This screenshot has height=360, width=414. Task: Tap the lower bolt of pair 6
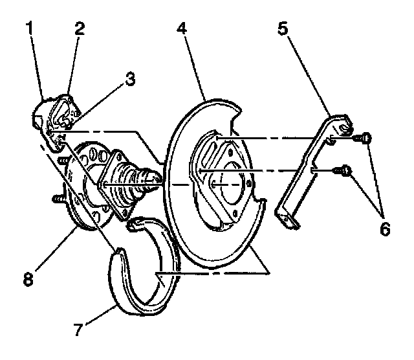point(345,172)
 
